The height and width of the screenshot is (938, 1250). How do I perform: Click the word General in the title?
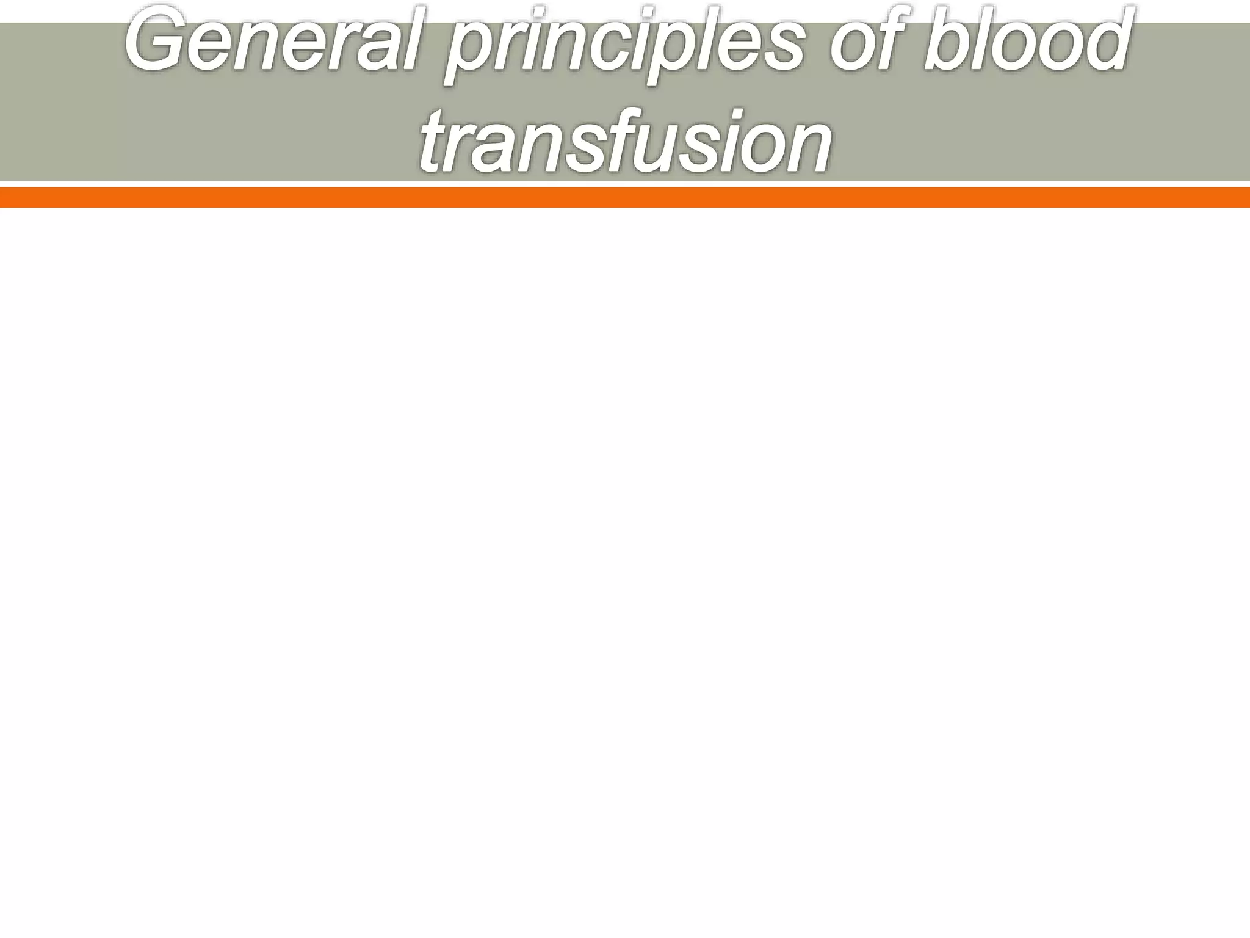click(x=275, y=43)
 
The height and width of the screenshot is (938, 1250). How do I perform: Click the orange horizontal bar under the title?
click(x=625, y=197)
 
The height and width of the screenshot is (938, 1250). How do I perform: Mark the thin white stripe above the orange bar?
click(x=625, y=184)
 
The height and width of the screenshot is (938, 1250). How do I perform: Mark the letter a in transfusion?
click(x=508, y=147)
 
